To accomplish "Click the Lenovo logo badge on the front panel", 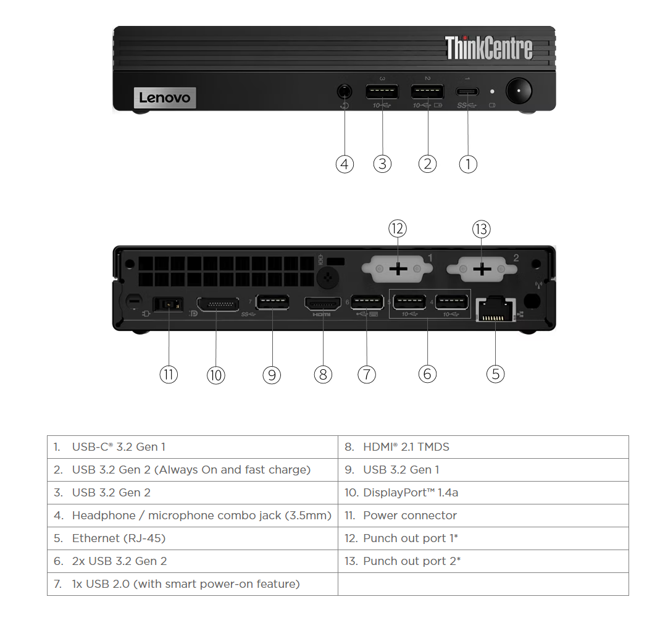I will pyautogui.click(x=165, y=98).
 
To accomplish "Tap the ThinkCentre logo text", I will pyautogui.click(x=488, y=48).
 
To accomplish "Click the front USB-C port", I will pyautogui.click(x=467, y=91).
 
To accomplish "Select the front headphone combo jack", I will pyautogui.click(x=345, y=91).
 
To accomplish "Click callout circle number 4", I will pyautogui.click(x=345, y=164).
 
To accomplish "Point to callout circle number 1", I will pyautogui.click(x=468, y=164).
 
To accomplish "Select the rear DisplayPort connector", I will pyautogui.click(x=218, y=304).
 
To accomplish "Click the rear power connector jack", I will pyautogui.click(x=168, y=304).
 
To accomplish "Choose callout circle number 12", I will pyautogui.click(x=398, y=229).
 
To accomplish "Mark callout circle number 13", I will pyautogui.click(x=482, y=229).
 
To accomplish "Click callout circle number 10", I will pyautogui.click(x=215, y=374).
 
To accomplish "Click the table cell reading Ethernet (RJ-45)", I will pyautogui.click(x=192, y=538).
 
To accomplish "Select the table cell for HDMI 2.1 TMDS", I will pyautogui.click(x=483, y=447).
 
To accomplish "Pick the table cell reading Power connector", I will pyautogui.click(x=483, y=516).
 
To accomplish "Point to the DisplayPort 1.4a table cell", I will pyautogui.click(x=483, y=493).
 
